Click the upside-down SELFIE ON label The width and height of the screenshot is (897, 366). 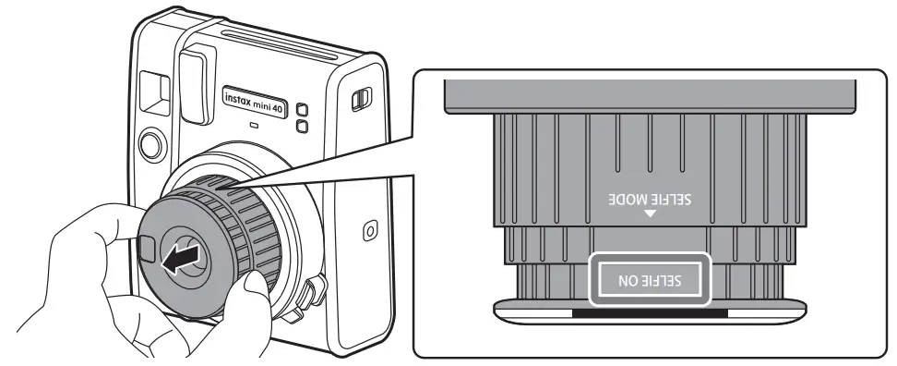(650, 277)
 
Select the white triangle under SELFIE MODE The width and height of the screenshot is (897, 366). (650, 214)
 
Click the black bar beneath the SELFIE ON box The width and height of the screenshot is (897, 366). (650, 313)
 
